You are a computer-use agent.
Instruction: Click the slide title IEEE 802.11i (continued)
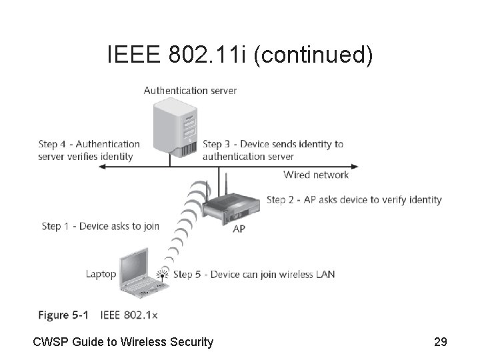click(240, 55)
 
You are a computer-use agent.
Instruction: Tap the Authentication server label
click(190, 91)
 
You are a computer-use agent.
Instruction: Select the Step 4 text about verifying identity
click(89, 151)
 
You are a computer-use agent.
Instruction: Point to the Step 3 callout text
click(273, 151)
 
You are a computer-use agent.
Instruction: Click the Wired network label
click(316, 175)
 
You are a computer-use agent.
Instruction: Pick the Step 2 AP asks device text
click(354, 199)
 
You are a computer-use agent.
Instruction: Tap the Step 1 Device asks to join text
click(100, 226)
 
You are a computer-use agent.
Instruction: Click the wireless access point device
click(229, 207)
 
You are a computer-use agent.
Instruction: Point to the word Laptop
click(101, 274)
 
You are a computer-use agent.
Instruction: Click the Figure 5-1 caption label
click(62, 315)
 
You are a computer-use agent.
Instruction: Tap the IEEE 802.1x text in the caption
click(129, 315)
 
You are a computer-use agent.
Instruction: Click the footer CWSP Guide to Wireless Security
click(123, 342)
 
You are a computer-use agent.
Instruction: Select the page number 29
click(440, 342)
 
